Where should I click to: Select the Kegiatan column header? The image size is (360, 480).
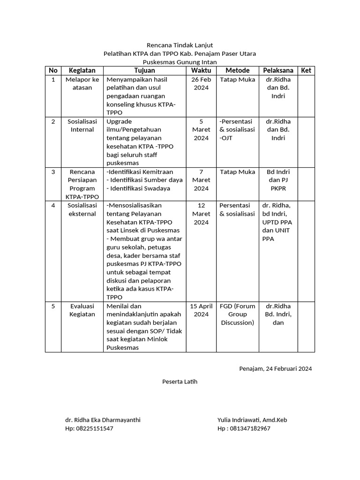(x=82, y=70)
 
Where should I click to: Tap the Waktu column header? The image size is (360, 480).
(x=201, y=70)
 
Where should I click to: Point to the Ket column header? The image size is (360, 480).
(x=306, y=70)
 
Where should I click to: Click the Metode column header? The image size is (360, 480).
(x=238, y=70)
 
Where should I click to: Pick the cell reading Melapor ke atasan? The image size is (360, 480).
(x=82, y=83)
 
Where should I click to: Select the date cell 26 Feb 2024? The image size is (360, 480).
(x=201, y=83)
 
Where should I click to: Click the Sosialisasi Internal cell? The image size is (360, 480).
(x=82, y=125)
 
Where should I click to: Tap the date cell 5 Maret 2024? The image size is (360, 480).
(x=201, y=129)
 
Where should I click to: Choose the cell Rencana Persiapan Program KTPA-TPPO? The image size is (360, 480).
(x=82, y=184)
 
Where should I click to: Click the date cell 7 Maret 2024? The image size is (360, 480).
(x=201, y=180)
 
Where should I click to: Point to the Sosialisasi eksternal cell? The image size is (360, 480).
(x=82, y=210)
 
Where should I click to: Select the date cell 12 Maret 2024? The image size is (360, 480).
(x=201, y=214)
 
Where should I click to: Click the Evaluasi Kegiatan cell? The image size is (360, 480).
(x=82, y=310)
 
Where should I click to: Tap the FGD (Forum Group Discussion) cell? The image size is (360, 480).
(x=238, y=314)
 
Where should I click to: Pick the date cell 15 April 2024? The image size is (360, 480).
(x=201, y=310)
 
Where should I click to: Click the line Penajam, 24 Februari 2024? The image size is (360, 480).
(x=275, y=368)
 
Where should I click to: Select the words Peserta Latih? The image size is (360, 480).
(x=180, y=382)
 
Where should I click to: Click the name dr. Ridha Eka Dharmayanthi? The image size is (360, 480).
(x=103, y=420)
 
